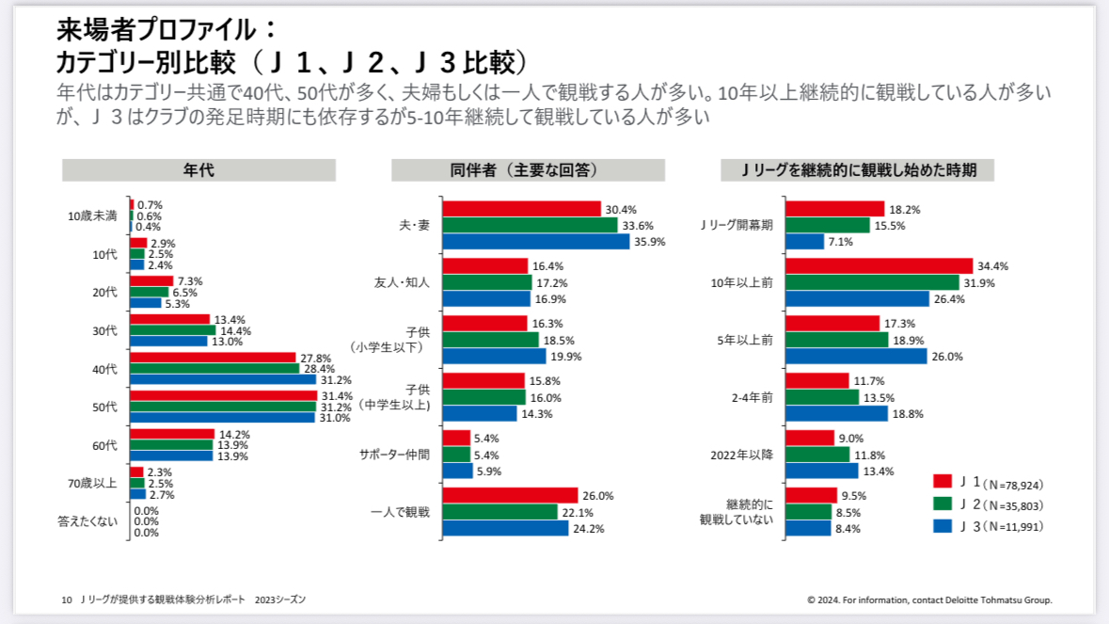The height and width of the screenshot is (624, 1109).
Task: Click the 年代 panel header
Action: point(198,170)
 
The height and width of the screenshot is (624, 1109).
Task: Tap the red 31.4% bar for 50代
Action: point(224,395)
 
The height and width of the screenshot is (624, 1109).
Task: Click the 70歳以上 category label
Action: point(93,483)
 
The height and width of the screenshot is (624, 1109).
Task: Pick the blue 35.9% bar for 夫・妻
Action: point(535,241)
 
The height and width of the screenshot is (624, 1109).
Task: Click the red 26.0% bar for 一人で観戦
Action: point(510,495)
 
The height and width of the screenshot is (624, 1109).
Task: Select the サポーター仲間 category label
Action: point(394,455)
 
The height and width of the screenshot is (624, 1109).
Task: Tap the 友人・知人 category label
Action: point(402,282)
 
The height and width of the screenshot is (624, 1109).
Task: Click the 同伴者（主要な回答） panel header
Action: point(528,170)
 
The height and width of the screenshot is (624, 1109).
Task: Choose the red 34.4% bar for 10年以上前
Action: point(879,266)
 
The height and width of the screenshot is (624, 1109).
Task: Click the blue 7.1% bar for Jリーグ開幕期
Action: point(804,242)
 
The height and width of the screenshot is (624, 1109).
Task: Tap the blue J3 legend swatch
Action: point(942,525)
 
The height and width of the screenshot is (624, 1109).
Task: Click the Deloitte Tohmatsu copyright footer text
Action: point(929,599)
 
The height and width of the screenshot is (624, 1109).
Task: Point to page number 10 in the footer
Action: point(67,599)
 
